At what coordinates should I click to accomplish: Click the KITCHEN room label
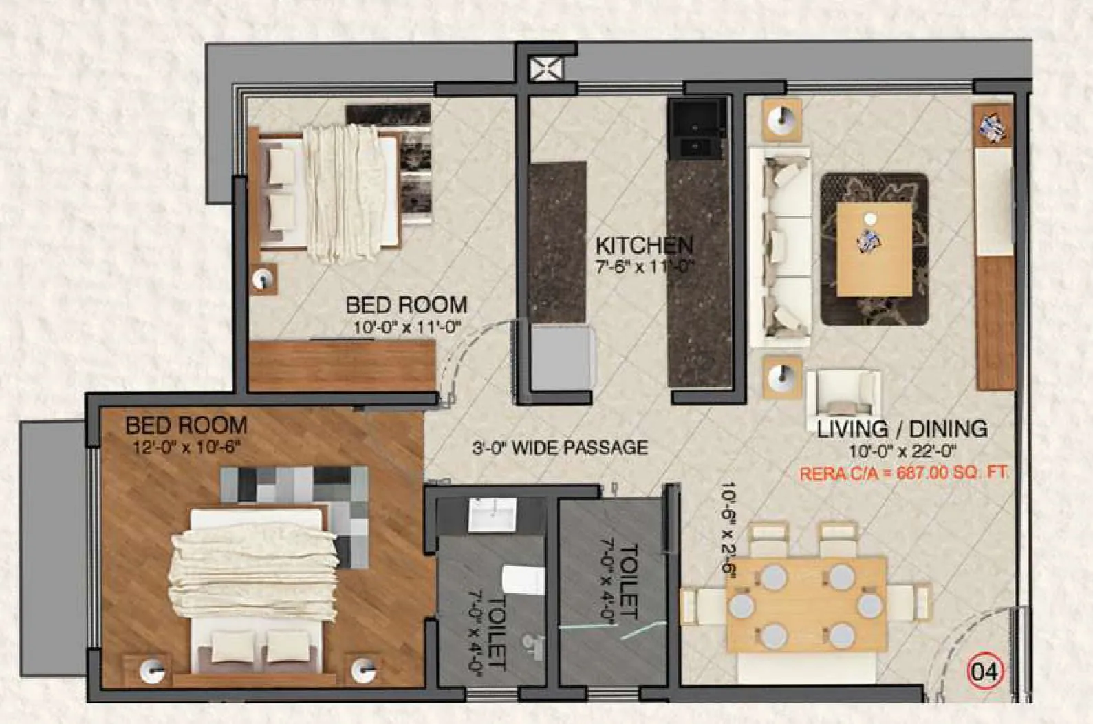pos(644,246)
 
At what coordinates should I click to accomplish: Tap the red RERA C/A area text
pos(904,473)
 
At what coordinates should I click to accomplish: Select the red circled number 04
pos(986,672)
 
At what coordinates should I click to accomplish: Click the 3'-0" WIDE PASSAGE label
pos(560,448)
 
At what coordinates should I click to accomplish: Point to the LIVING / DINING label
pos(902,429)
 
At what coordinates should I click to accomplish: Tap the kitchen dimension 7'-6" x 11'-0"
pos(644,266)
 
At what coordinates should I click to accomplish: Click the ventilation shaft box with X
pos(546,69)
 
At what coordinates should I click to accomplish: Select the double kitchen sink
pos(697,131)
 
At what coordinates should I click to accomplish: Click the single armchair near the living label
pos(843,392)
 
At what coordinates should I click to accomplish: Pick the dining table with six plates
pos(805,604)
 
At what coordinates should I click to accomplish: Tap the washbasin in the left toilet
pos(491,515)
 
